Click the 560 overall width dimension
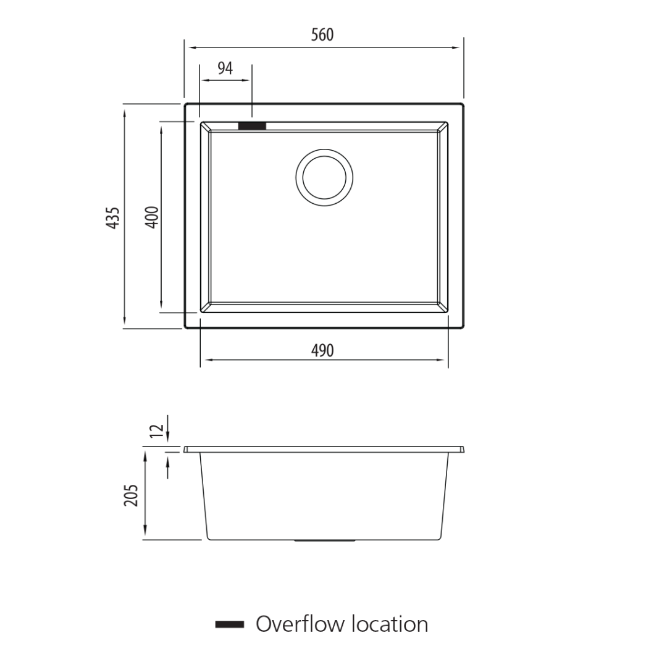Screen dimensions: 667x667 click(322, 35)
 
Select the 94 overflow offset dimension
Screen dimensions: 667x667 click(225, 69)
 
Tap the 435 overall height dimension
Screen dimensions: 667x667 click(113, 218)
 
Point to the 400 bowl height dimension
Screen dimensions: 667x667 click(152, 217)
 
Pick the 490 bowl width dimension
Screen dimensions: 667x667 click(322, 351)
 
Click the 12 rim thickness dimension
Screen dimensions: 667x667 click(158, 430)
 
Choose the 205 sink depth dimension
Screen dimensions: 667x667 click(131, 495)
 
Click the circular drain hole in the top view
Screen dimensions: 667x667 click(324, 177)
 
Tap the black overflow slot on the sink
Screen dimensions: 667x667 click(252, 126)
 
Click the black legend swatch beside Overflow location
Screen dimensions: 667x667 click(230, 624)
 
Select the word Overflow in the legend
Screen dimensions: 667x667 click(300, 624)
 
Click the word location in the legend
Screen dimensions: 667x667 click(390, 624)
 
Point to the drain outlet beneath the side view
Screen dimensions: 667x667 click(325, 541)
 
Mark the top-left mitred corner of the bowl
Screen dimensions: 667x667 click(206, 127)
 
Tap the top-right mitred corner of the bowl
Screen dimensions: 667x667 click(442, 127)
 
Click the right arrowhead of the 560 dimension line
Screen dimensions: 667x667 click(457, 48)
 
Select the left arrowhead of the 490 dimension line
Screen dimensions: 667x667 click(207, 359)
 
